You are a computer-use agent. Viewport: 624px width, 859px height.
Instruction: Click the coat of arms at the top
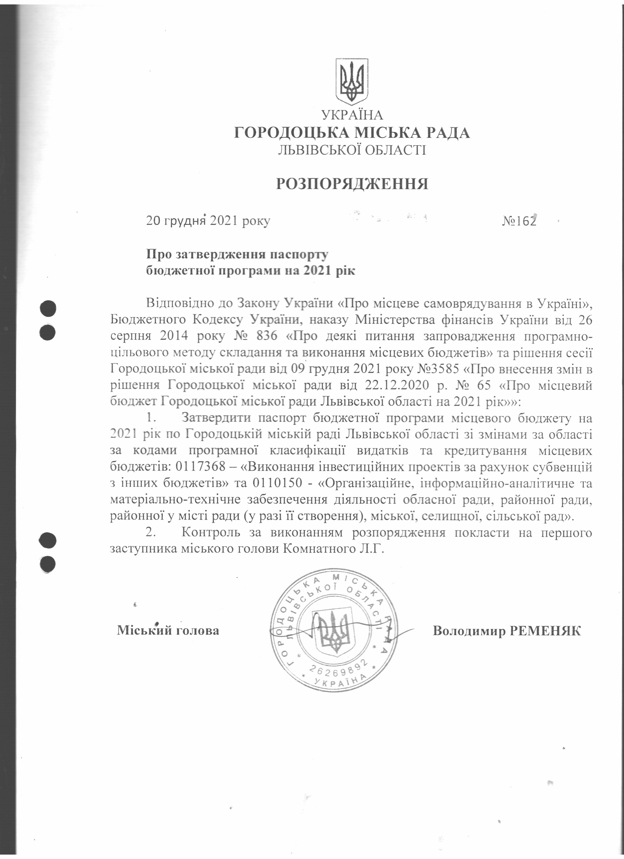[352, 82]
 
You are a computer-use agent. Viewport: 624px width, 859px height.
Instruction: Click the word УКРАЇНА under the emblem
[352, 115]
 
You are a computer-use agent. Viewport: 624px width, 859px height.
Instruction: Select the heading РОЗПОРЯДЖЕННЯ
[352, 184]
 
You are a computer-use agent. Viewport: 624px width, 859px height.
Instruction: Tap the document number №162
[519, 221]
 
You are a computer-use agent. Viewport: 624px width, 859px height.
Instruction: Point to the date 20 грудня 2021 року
[208, 221]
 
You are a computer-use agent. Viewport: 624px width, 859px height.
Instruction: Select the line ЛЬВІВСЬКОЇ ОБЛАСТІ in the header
[352, 150]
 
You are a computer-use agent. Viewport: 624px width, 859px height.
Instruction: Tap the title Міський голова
[168, 630]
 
